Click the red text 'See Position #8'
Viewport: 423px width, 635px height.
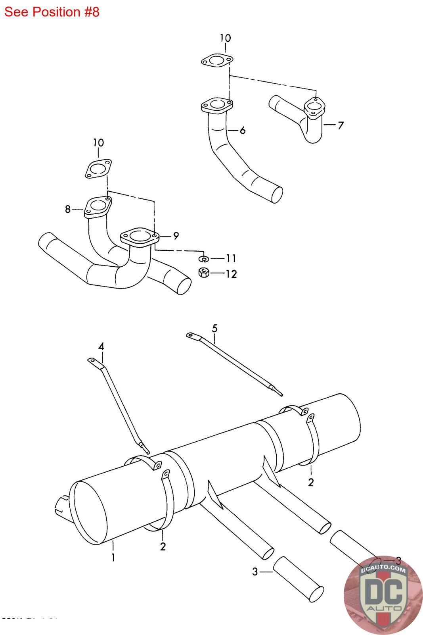tap(52, 12)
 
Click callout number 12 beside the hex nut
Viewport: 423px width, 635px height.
tap(231, 274)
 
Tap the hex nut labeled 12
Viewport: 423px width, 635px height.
tap(203, 273)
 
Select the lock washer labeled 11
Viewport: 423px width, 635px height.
tap(203, 259)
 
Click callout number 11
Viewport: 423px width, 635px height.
tap(231, 258)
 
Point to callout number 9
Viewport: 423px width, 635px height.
tap(175, 236)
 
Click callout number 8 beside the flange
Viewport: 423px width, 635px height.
tap(68, 209)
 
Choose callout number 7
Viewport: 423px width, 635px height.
tap(340, 126)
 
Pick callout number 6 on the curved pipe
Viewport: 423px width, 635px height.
tap(242, 130)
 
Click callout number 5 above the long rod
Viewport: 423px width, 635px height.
tap(214, 328)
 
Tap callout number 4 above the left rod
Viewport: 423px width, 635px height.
tap(101, 346)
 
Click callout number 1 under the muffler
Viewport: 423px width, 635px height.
tap(113, 558)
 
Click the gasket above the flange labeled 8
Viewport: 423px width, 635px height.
tap(98, 169)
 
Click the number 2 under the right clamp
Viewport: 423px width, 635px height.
tap(311, 482)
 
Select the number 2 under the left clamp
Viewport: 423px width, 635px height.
tap(163, 546)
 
